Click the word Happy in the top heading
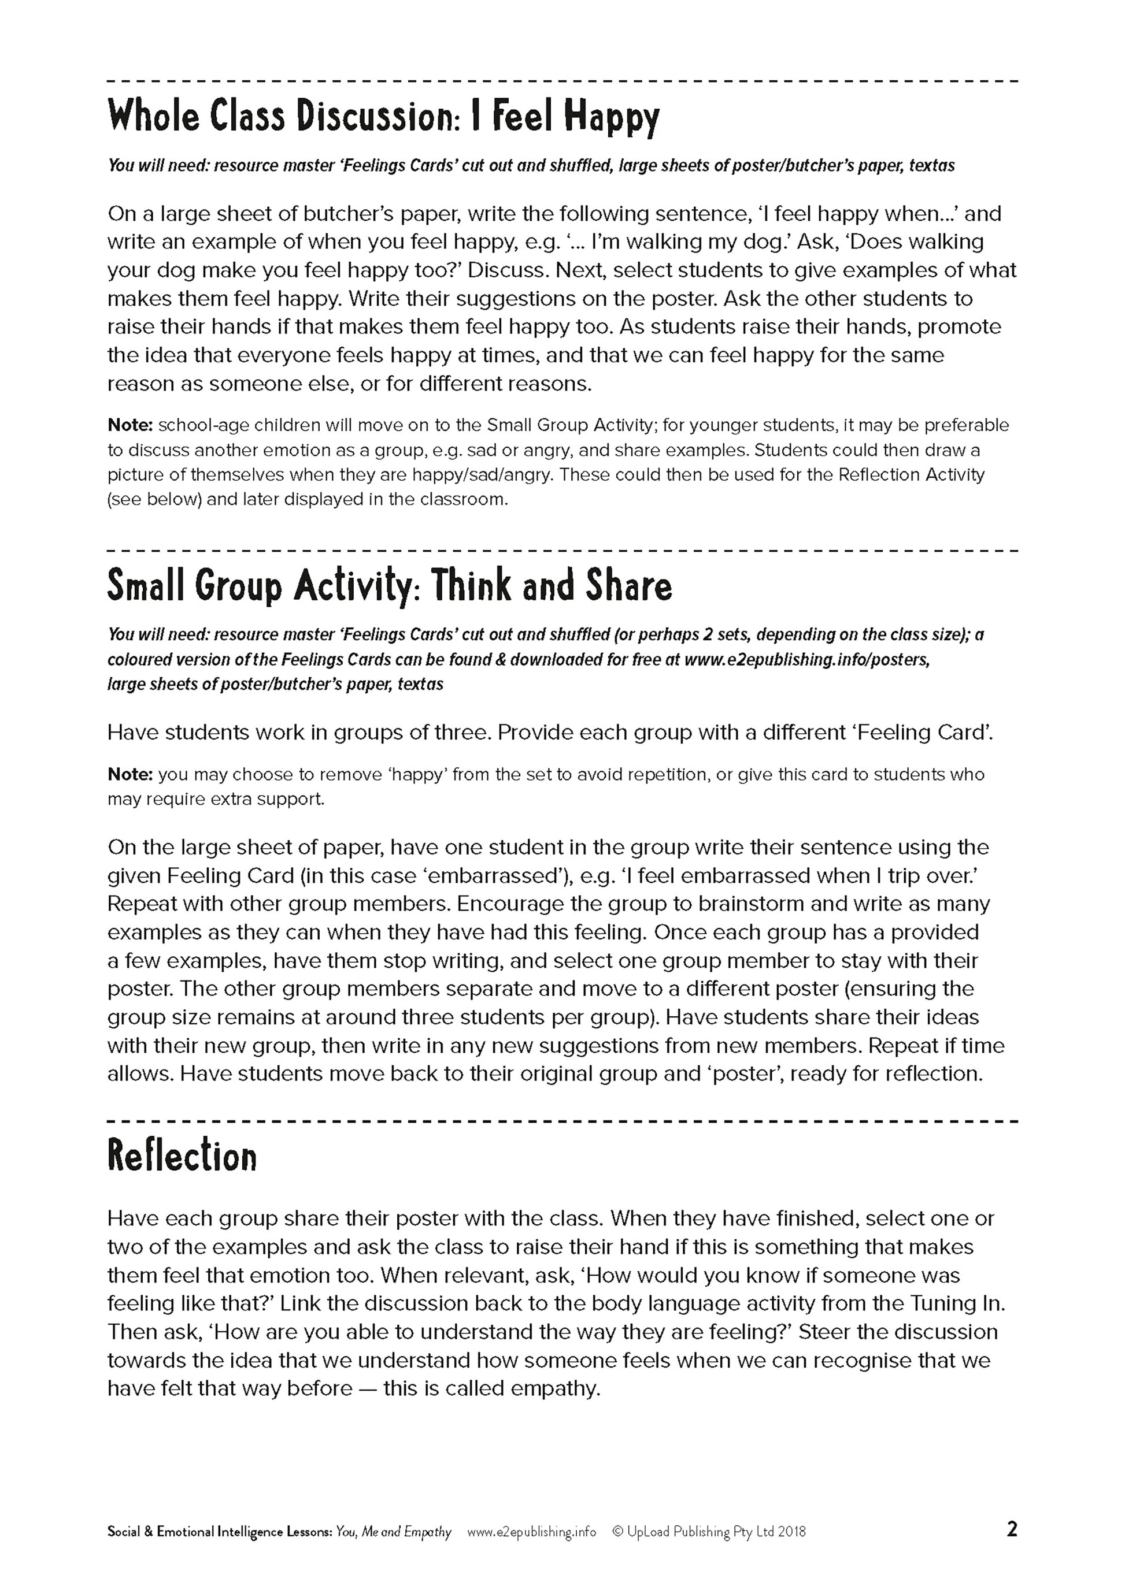pos(611,118)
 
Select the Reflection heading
pos(182,1156)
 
